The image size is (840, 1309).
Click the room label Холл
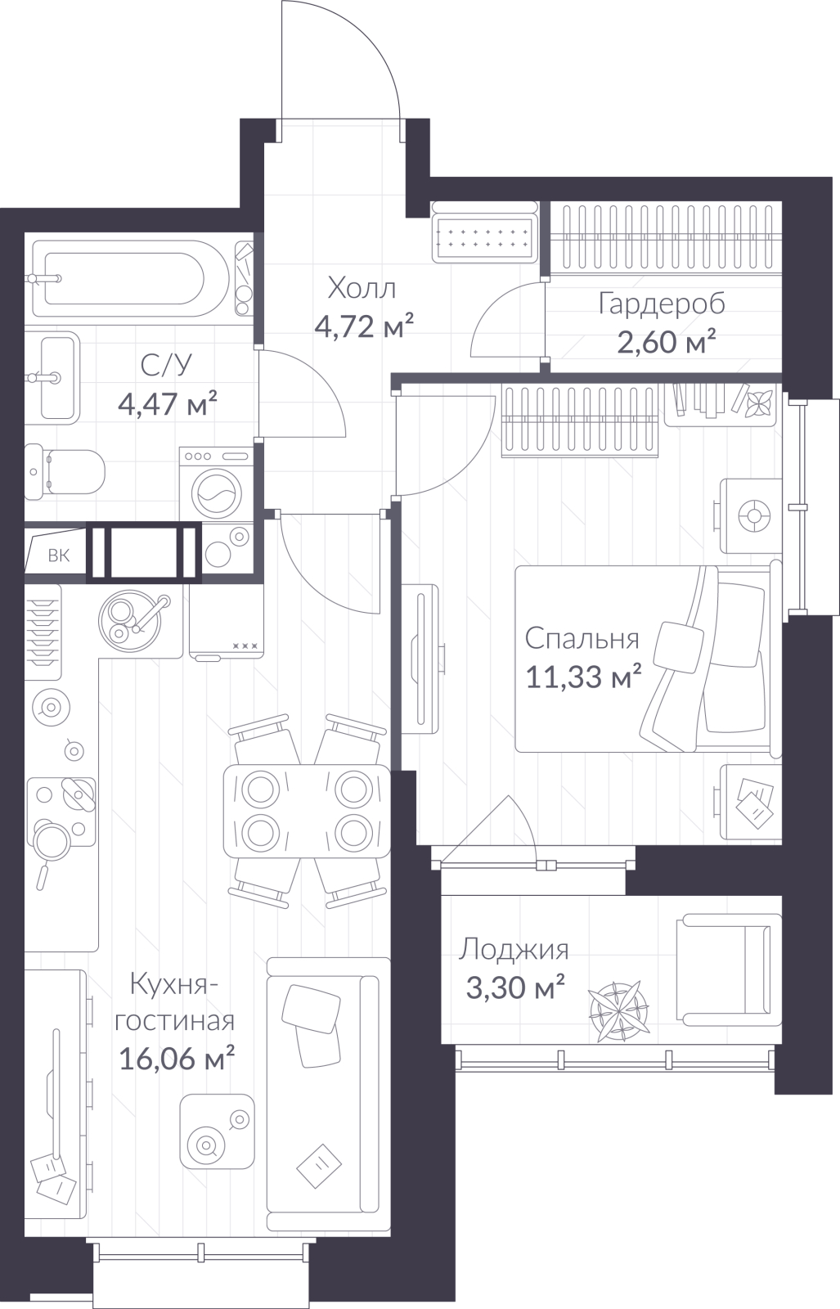pyautogui.click(x=362, y=289)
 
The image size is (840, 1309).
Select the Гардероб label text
pyautogui.click(x=662, y=304)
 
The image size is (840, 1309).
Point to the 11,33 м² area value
pyautogui.click(x=584, y=677)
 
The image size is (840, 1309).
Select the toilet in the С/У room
pyautogui.click(x=65, y=471)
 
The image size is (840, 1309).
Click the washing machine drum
pyautogui.click(x=216, y=492)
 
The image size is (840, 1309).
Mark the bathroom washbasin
pyautogui.click(x=52, y=377)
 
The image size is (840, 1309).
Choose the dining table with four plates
pyautogui.click(x=307, y=811)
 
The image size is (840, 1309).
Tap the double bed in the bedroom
pyautogui.click(x=647, y=658)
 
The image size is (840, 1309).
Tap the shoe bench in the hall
pyautogui.click(x=483, y=232)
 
